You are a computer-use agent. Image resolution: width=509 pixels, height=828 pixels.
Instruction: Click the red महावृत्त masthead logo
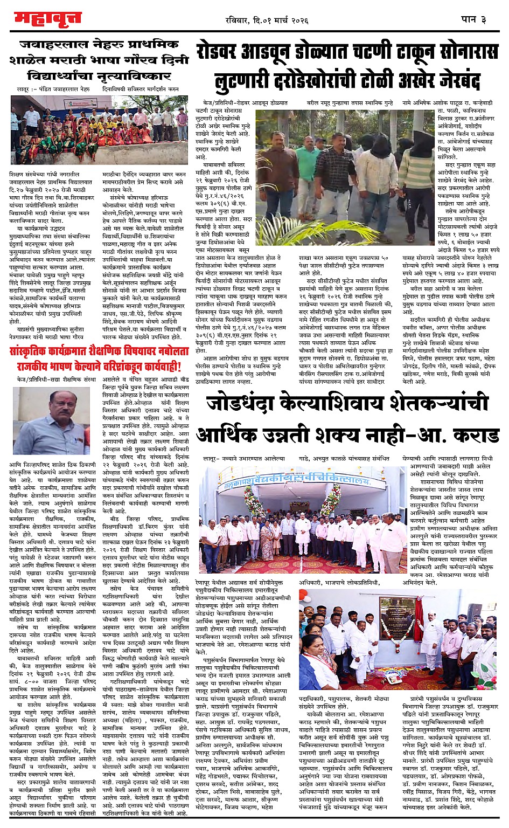tap(47, 19)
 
